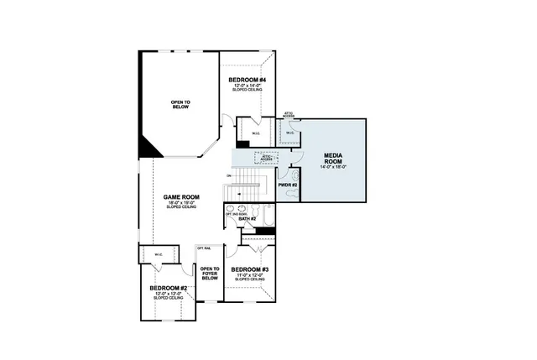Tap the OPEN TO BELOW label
pos(181,105)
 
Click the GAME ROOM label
pos(181,197)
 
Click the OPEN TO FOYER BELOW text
pos(209,274)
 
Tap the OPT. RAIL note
pos(204,248)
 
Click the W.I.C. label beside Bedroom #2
pos(157,254)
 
